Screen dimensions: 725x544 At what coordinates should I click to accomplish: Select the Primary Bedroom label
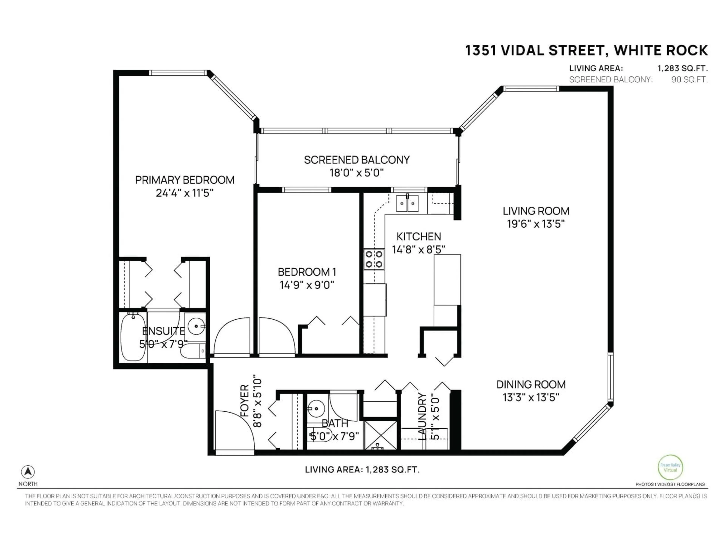184,180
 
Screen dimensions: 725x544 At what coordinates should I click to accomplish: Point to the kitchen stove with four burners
374,259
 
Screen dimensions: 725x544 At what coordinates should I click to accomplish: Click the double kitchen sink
407,203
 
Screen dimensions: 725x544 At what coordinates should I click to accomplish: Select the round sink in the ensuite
195,326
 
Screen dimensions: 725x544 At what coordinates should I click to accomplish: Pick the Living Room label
536,211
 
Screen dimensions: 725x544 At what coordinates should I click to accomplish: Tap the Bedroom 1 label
307,272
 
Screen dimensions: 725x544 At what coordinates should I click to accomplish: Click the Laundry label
423,416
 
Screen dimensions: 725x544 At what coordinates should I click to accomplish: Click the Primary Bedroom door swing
232,337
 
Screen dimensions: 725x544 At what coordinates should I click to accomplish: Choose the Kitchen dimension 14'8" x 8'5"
419,250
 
